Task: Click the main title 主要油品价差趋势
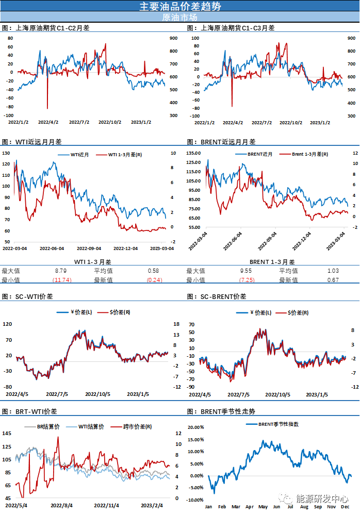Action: click(x=180, y=6)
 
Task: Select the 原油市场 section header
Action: click(x=180, y=17)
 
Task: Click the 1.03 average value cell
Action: click(x=333, y=271)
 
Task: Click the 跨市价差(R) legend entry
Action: click(x=137, y=427)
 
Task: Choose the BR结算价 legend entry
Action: click(x=49, y=427)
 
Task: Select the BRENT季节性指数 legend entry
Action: click(x=277, y=424)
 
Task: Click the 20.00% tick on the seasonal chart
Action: click(x=198, y=428)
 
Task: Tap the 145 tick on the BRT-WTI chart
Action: click(x=7, y=433)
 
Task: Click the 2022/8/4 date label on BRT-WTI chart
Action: click(x=62, y=506)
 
